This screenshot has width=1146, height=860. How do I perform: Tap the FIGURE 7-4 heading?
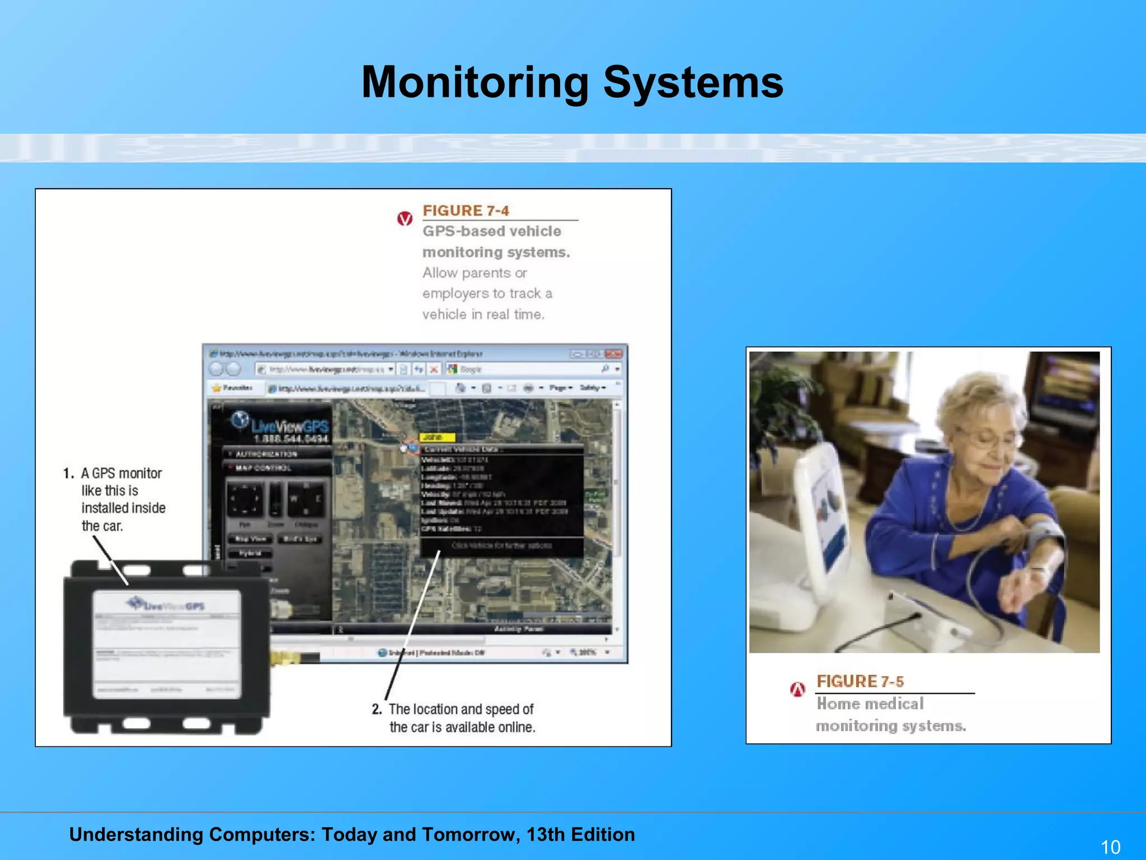pyautogui.click(x=466, y=211)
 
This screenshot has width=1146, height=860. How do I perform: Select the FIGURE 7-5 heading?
pyautogui.click(x=860, y=681)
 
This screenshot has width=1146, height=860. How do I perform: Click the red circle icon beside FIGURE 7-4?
pyautogui.click(x=405, y=219)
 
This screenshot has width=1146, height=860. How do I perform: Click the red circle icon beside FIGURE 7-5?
pyautogui.click(x=797, y=689)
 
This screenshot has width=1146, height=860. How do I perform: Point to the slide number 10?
pyautogui.click(x=1110, y=847)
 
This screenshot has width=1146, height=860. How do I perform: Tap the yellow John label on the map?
pyautogui.click(x=437, y=437)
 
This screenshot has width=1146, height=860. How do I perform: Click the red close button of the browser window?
pyautogui.click(x=614, y=354)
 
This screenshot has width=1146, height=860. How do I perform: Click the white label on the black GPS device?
pyautogui.click(x=167, y=644)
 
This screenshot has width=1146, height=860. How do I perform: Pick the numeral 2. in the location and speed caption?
pyautogui.click(x=377, y=709)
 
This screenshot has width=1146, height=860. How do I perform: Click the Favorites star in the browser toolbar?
pyautogui.click(x=217, y=388)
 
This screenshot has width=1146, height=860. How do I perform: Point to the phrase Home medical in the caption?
pyautogui.click(x=870, y=704)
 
